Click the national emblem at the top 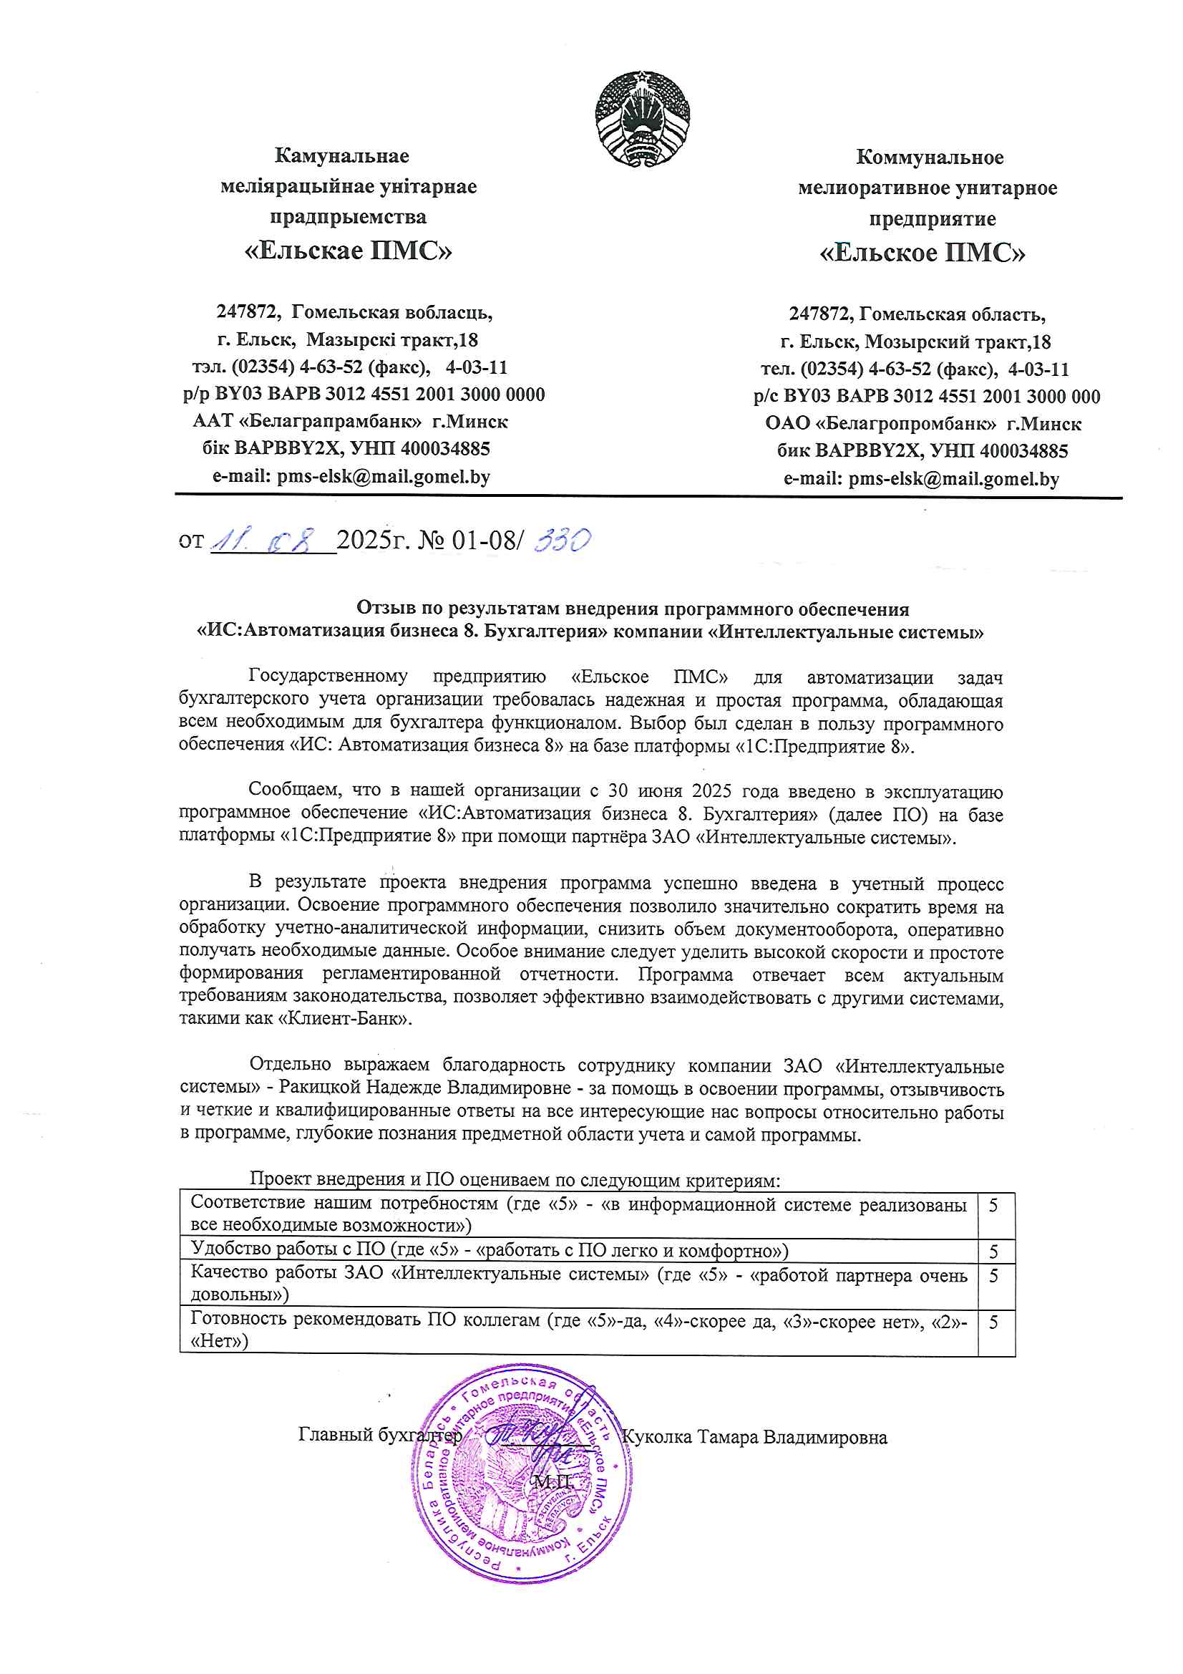coord(641,118)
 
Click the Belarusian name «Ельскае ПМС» coord(348,250)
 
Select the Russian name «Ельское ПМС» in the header coord(922,252)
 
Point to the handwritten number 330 coord(562,541)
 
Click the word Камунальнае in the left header coord(342,155)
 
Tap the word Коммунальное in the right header coord(930,157)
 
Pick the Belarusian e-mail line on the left coord(351,477)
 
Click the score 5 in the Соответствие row coord(993,1206)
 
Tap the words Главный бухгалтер coord(380,1435)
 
